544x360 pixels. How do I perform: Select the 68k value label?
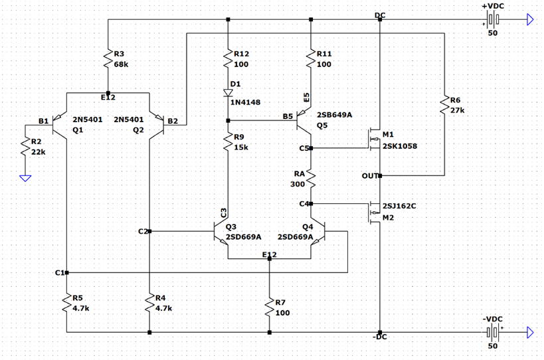(x=122, y=64)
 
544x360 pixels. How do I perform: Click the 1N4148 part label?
(x=246, y=102)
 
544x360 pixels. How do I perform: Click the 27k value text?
(x=458, y=110)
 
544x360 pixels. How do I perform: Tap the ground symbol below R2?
(x=25, y=177)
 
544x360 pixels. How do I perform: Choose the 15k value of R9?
(x=241, y=147)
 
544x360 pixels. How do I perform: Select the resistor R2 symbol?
(x=25, y=148)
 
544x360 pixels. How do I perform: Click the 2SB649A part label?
(x=334, y=115)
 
